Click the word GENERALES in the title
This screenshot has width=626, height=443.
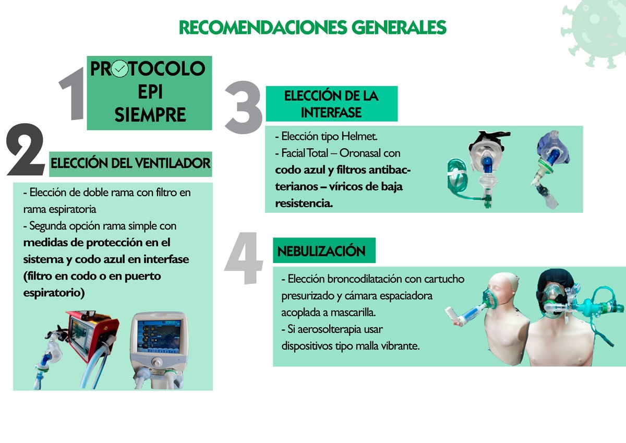pos(399,27)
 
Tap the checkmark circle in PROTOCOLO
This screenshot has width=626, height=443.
pos(120,68)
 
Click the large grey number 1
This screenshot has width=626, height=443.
pos(73,93)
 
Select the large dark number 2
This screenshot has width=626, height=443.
pos(26,150)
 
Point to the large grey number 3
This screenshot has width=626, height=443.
pos(244,107)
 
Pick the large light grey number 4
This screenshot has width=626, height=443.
pos(244,258)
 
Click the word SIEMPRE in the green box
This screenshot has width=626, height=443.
pos(150,115)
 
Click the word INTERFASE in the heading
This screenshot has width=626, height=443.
pos(331,113)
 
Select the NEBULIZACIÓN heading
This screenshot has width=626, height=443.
pos(321,250)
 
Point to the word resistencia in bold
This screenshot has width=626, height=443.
pos(304,203)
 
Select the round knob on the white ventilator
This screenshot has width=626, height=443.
pos(157,363)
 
